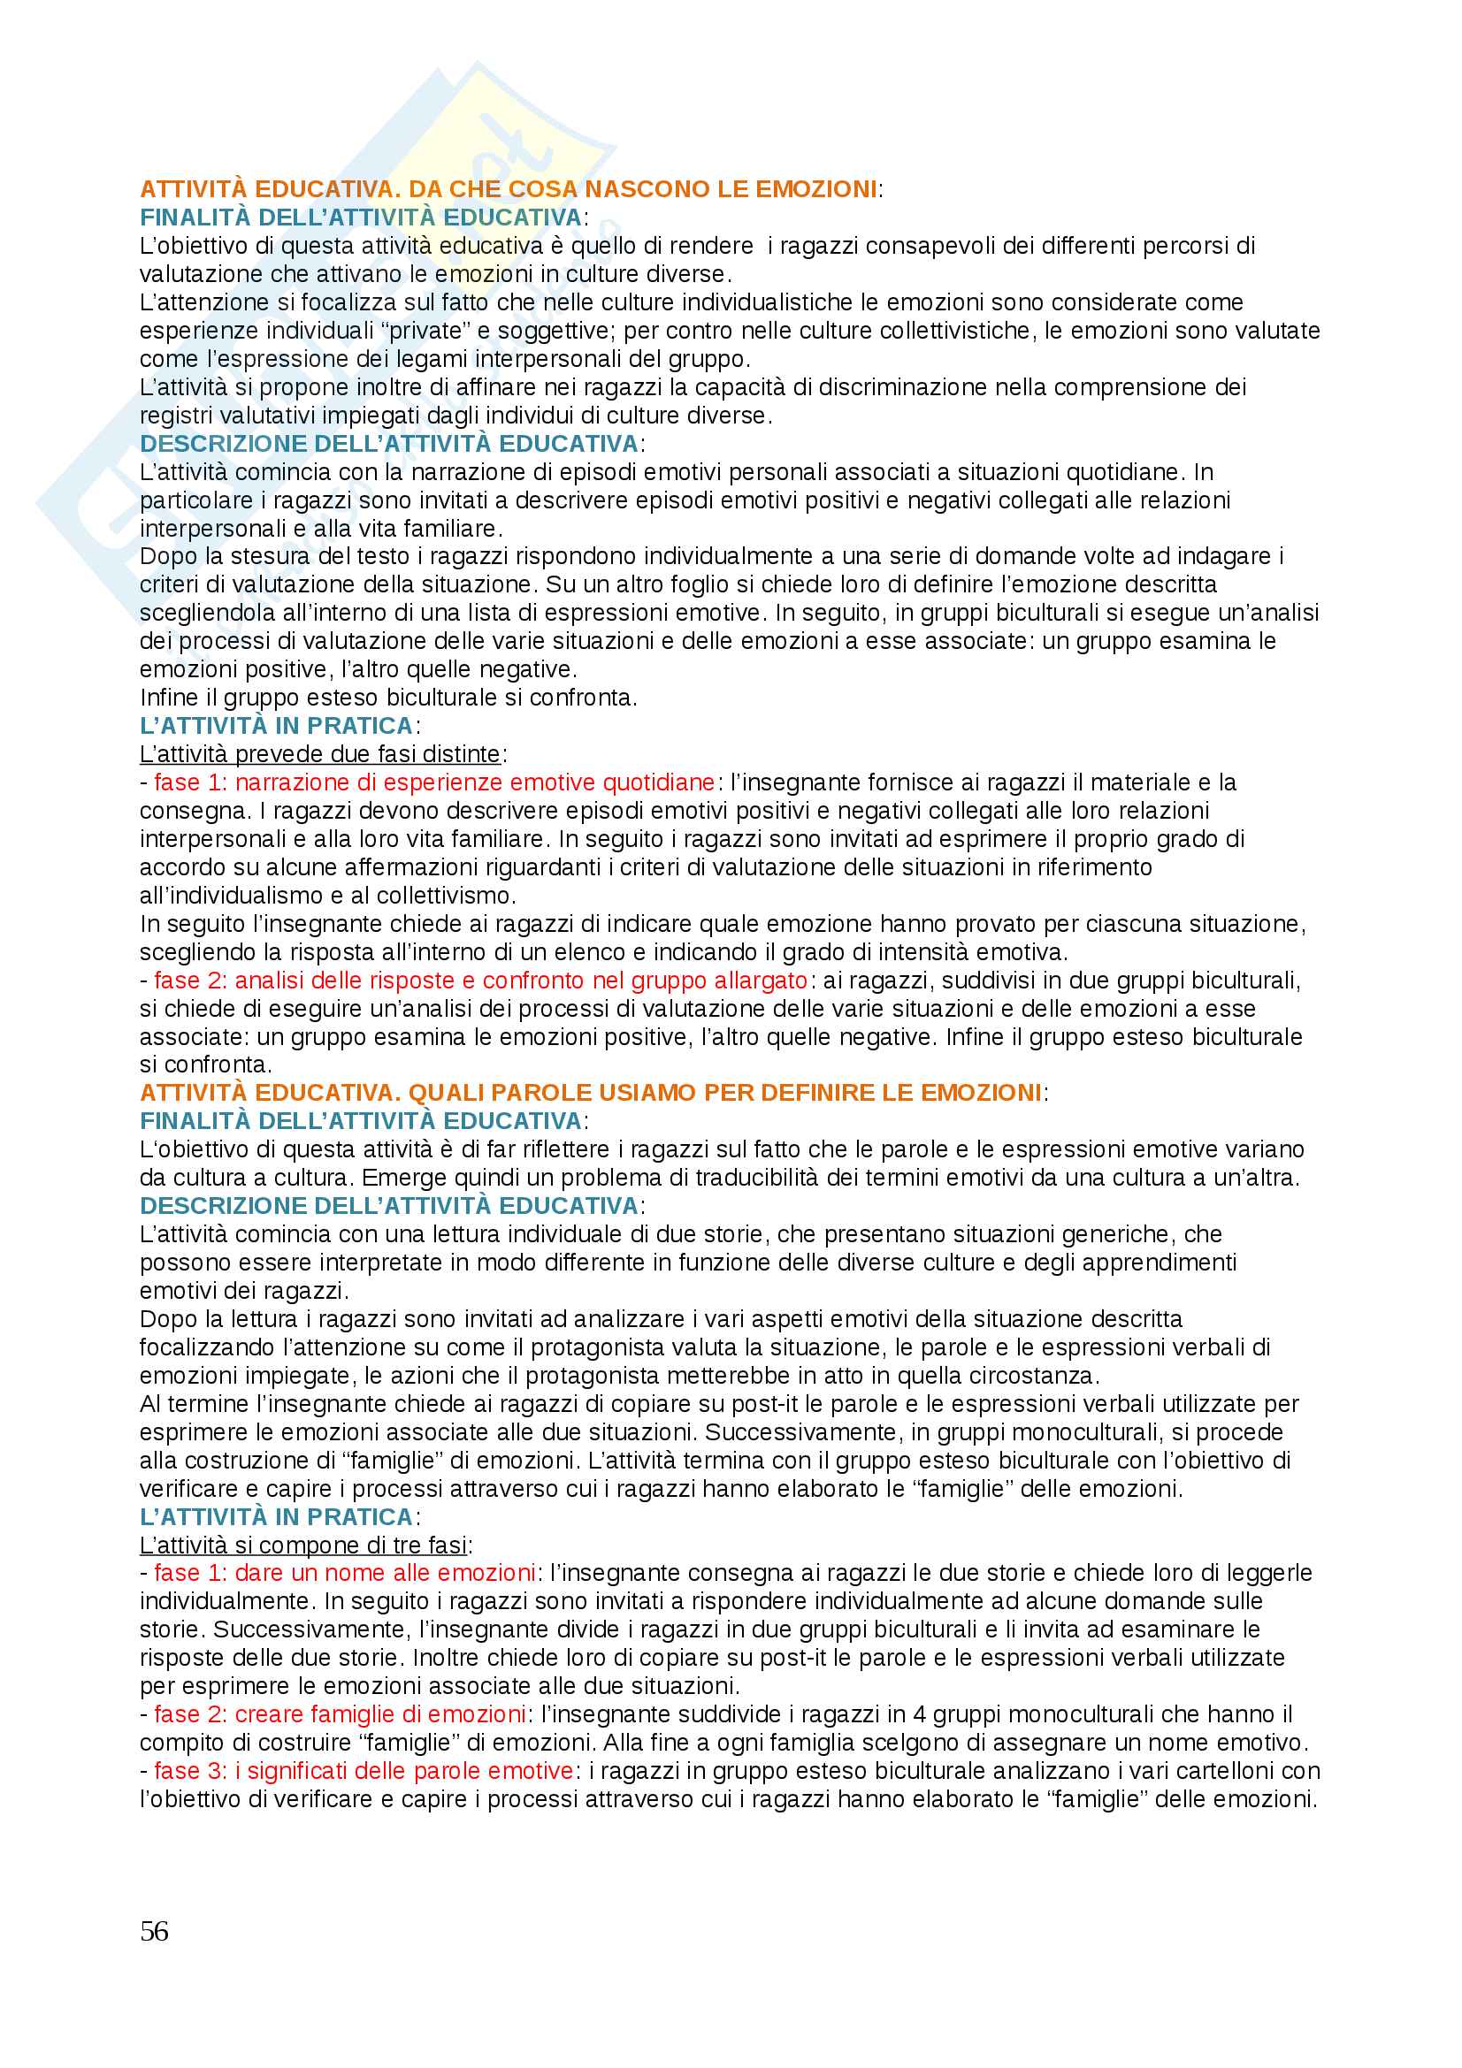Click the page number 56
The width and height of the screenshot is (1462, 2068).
point(154,1931)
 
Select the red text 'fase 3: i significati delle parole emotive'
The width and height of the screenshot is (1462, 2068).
point(364,1771)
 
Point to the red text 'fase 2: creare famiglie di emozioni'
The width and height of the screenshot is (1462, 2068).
point(340,1714)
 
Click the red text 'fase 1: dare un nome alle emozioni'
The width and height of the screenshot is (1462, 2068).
point(345,1573)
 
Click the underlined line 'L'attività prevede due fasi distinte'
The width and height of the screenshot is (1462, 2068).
point(320,754)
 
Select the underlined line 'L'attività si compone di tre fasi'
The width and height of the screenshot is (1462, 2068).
point(303,1545)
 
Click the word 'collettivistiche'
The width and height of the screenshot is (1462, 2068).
point(954,331)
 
